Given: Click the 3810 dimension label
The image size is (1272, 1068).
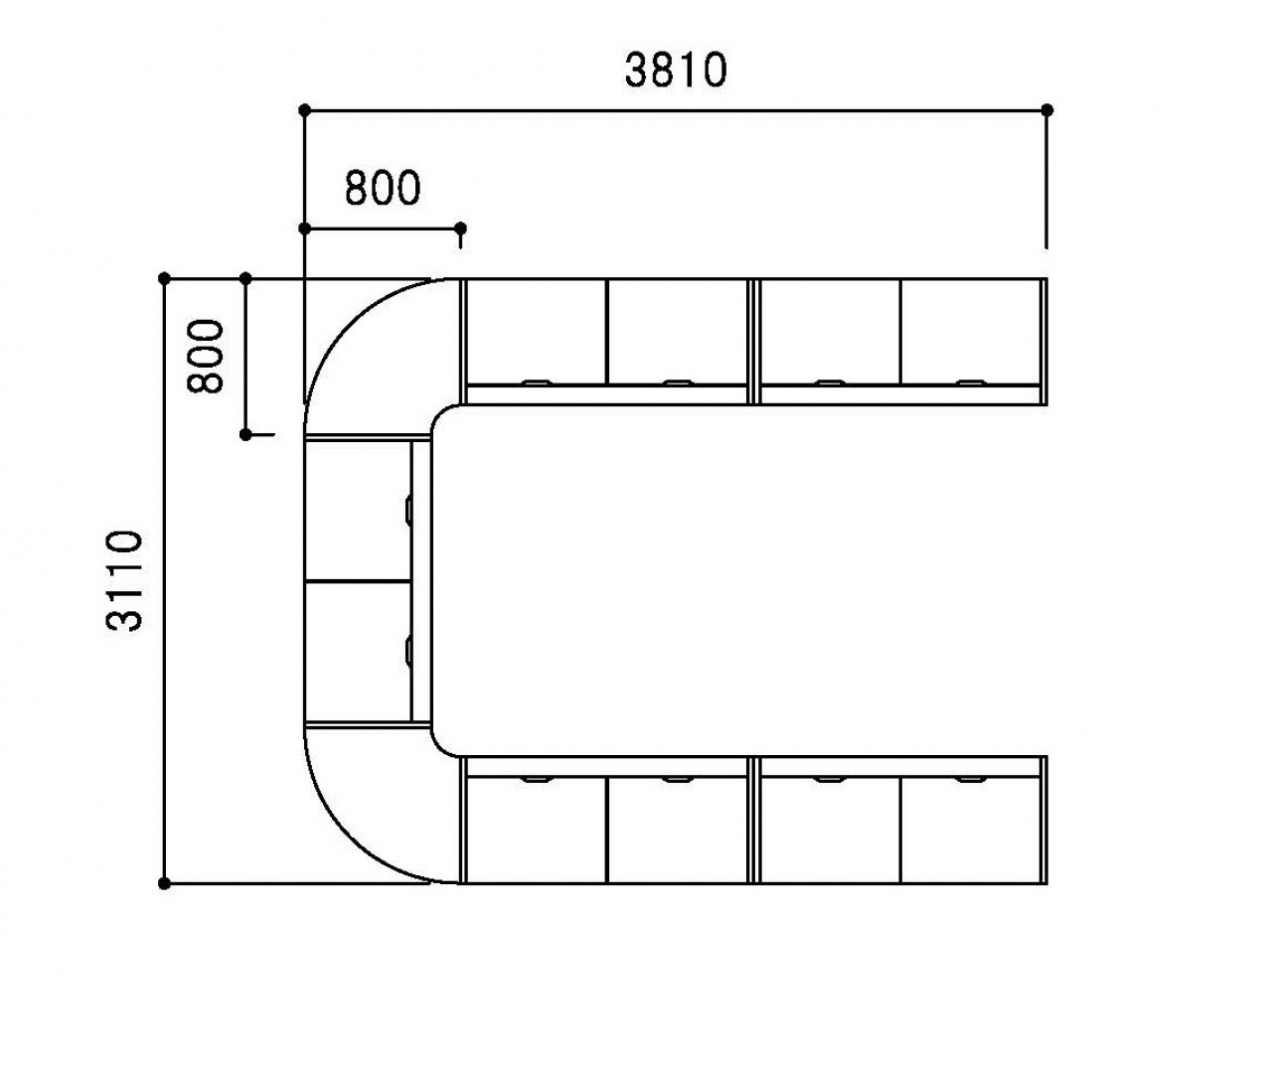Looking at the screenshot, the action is coord(676,71).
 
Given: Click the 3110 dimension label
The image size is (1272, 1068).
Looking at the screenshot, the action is coord(124,581).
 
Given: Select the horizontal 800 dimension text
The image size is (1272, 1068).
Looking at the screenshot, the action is coord(383,188).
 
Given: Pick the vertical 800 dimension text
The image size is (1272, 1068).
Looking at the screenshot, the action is coord(206,357).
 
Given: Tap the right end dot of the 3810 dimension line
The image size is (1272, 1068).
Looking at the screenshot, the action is coord(1047,110).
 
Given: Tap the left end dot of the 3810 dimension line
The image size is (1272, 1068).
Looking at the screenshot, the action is coord(305,110).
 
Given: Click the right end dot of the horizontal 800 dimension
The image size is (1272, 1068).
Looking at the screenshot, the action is coord(460,229).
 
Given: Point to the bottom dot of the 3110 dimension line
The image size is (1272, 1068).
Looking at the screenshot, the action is coord(164,883).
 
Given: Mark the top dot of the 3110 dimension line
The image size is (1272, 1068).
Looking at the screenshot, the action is coord(164,278).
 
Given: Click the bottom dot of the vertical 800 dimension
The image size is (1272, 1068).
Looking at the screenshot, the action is coord(245,435).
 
